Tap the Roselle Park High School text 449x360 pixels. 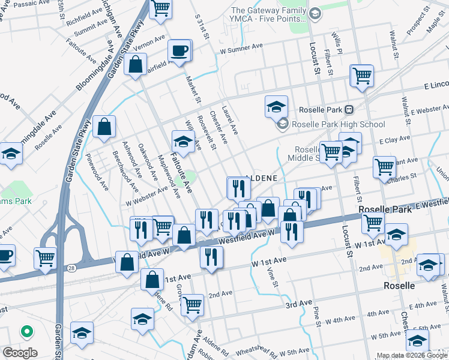(x=338, y=124)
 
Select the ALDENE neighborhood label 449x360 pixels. (x=262, y=178)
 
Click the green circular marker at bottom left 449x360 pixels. (x=26, y=331)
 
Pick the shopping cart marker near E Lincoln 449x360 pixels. (x=362, y=76)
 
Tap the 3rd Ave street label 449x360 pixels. (x=298, y=305)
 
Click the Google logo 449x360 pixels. (x=20, y=353)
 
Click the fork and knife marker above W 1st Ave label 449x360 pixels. (x=291, y=231)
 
